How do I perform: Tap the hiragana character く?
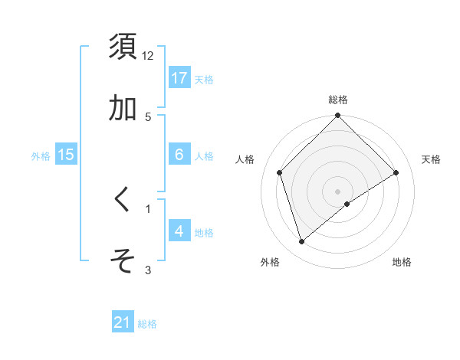point(123,199)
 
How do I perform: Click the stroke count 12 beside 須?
point(148,56)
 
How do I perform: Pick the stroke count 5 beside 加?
point(148,117)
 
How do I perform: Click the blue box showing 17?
point(179,78)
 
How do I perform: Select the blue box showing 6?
point(179,155)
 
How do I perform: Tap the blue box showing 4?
point(179,231)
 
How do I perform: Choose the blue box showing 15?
point(66,155)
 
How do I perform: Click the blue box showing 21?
point(123,322)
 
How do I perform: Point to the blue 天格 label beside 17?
point(204,79)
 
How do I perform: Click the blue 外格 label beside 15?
point(41,155)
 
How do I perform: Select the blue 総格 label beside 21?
point(147,323)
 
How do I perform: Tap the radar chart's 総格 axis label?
point(338,100)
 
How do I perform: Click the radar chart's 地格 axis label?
point(402,262)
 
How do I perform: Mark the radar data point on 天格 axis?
point(396,172)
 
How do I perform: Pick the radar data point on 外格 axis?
point(302,242)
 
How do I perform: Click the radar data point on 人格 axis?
point(280,172)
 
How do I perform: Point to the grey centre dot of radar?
point(338,191)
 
